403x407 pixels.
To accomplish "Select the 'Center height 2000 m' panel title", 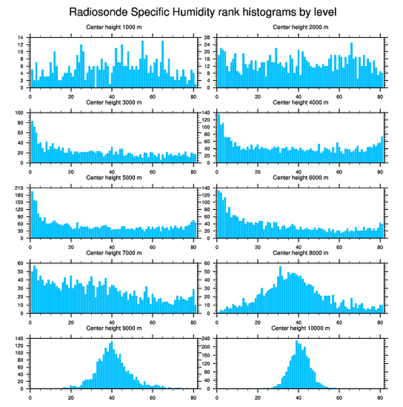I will pyautogui.click(x=300, y=27).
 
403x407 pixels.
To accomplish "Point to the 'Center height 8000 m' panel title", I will pyautogui.click(x=300, y=253).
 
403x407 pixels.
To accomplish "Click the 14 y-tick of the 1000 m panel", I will pyautogui.click(x=20, y=37).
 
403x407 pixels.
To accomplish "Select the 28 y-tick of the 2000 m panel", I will pyautogui.click(x=208, y=37).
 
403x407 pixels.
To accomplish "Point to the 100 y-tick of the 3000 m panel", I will pyautogui.click(x=19, y=113).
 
